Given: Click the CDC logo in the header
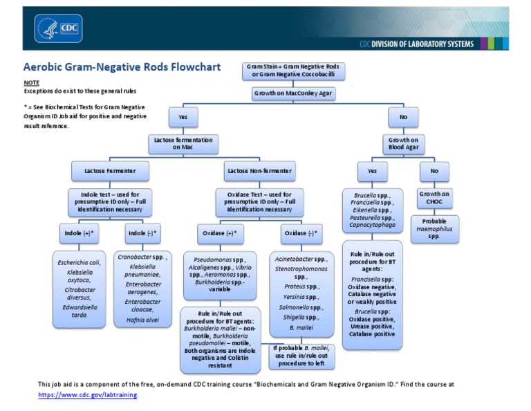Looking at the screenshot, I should [x=58, y=28].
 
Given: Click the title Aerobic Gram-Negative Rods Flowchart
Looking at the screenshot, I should [x=122, y=67].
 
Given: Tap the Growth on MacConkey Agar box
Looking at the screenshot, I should [x=294, y=93].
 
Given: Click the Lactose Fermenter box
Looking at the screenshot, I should [x=110, y=170].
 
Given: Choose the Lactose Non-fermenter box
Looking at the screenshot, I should [x=259, y=170].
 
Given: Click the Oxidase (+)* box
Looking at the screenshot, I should [x=221, y=233].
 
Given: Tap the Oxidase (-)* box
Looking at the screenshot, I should [x=301, y=233].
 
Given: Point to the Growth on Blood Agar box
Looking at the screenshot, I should [x=403, y=143].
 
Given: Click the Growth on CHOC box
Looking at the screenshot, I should [x=434, y=198].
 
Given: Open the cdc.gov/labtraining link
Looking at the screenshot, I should [x=88, y=394].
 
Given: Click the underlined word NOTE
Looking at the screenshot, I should [x=31, y=82].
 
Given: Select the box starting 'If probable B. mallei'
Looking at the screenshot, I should [x=301, y=356].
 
